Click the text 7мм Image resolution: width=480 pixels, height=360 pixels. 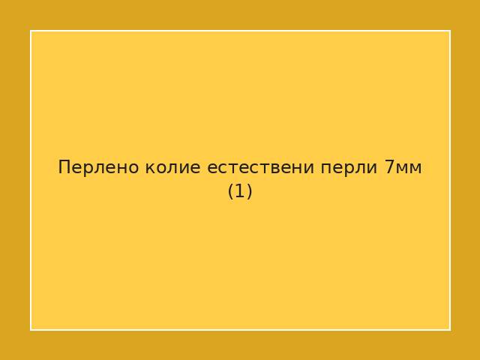click(x=403, y=167)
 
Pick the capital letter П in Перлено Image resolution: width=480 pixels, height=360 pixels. click(x=64, y=167)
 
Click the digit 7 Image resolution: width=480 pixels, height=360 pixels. click(x=389, y=167)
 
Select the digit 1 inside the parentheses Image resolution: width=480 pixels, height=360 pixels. click(x=240, y=191)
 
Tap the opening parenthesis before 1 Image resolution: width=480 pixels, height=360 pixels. click(x=231, y=191)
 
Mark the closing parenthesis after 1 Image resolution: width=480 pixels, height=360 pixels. click(x=249, y=191)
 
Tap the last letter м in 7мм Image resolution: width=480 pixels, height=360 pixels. click(x=415, y=168)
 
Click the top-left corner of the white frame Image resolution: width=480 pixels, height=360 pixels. click(x=31, y=31)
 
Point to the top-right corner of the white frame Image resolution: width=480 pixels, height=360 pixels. click(x=449, y=31)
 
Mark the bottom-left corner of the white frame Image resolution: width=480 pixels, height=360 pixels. click(x=31, y=329)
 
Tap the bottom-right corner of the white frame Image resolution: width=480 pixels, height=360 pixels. click(x=449, y=329)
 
